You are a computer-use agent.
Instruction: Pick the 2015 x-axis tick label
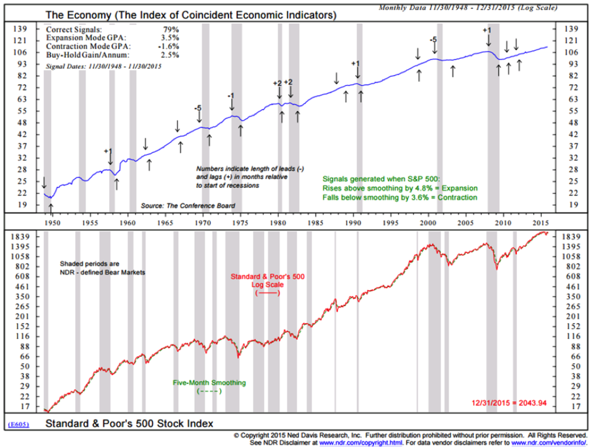[541, 221]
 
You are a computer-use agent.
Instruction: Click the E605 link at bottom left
[19, 424]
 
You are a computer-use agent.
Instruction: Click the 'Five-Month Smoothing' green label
[209, 383]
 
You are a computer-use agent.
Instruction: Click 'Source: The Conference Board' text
[187, 206]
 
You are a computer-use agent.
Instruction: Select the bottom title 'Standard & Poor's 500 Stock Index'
[129, 423]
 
